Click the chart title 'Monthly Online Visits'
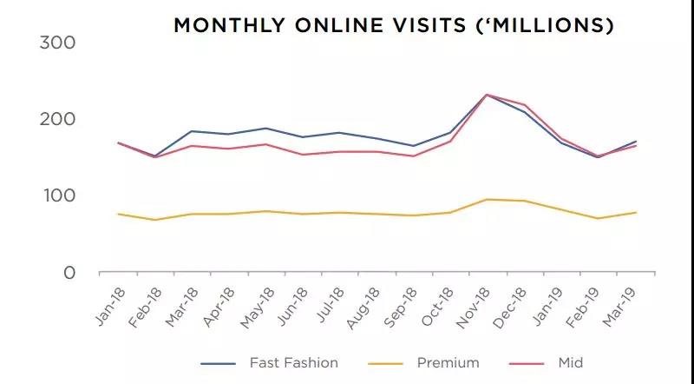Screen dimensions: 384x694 (394, 25)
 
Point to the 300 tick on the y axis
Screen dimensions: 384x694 (58, 43)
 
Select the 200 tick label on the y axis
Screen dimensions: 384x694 (58, 119)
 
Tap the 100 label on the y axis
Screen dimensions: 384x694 (58, 195)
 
